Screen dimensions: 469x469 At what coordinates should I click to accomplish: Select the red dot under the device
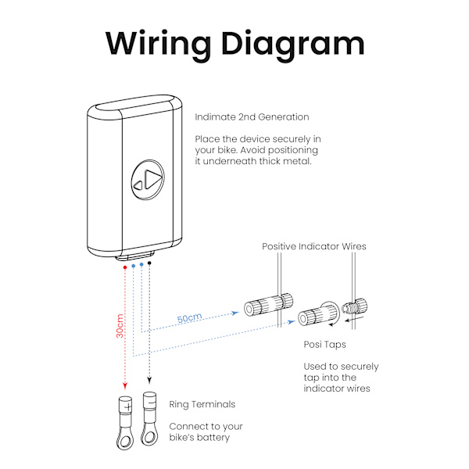pyautogui.click(x=125, y=267)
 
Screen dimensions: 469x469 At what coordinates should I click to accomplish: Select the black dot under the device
pyautogui.click(x=149, y=263)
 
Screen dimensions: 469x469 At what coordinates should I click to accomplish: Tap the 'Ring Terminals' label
pyautogui.click(x=202, y=405)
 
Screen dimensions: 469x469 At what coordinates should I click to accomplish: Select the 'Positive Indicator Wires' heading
pyautogui.click(x=313, y=247)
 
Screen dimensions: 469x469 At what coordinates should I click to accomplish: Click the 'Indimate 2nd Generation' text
pyautogui.click(x=252, y=117)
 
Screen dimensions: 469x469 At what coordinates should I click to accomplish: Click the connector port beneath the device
pyautogui.click(x=137, y=256)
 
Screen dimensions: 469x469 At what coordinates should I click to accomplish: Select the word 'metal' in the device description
pyautogui.click(x=301, y=162)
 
